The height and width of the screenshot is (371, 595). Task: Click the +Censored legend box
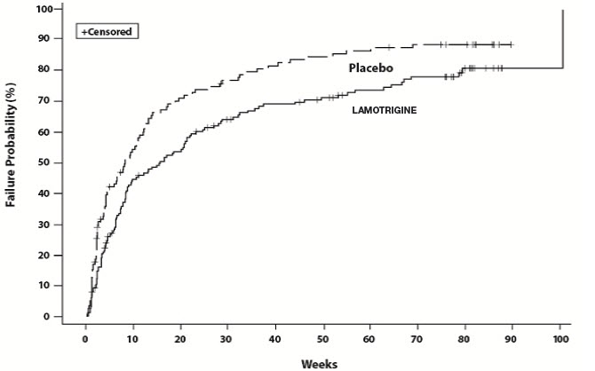(108, 33)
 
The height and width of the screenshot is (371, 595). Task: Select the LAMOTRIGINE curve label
(385, 109)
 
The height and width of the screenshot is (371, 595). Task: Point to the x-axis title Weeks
(318, 363)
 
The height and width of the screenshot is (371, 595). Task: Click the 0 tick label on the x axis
(85, 339)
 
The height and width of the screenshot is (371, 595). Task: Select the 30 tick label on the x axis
(227, 339)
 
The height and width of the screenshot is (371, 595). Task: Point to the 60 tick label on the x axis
(370, 339)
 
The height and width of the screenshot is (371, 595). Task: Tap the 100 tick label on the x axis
(560, 339)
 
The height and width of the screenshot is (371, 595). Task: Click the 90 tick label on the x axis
(512, 339)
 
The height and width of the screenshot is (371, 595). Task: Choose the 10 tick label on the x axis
(132, 339)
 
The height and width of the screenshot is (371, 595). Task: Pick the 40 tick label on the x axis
(275, 339)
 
